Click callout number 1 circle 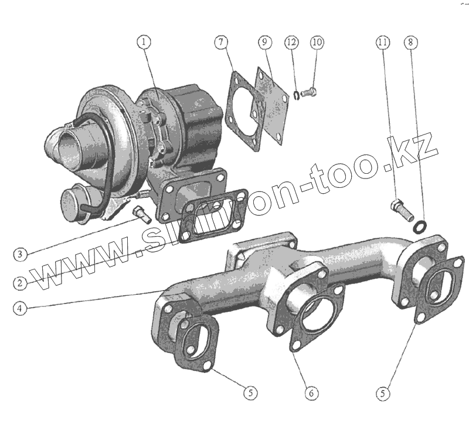(x=144, y=42)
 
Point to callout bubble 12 (x=292, y=42)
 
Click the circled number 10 (x=317, y=42)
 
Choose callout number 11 (x=383, y=42)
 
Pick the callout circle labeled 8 (x=410, y=42)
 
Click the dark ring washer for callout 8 (x=420, y=226)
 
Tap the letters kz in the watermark (x=416, y=150)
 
